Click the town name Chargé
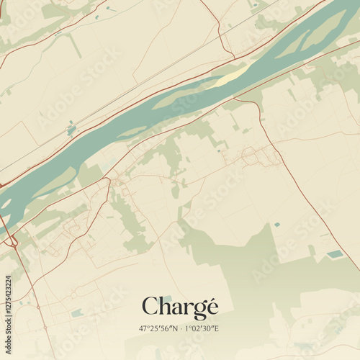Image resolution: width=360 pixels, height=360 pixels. pos(179,307)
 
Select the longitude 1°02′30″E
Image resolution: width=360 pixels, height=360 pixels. pos(202,328)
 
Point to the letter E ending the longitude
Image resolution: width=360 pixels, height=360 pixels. pos(216,328)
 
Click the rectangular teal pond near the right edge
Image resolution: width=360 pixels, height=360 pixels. pos(335,254)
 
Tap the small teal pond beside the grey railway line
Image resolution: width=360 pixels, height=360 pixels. pos(71,130)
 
